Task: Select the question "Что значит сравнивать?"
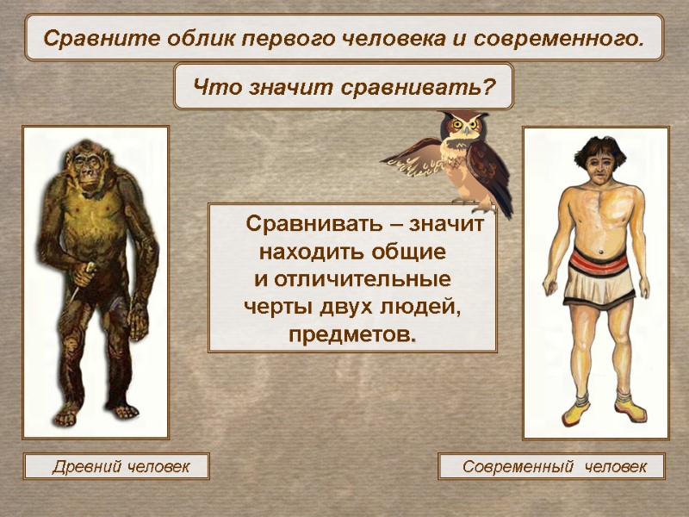344,86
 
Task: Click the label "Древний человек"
116,467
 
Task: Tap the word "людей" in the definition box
427,307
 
